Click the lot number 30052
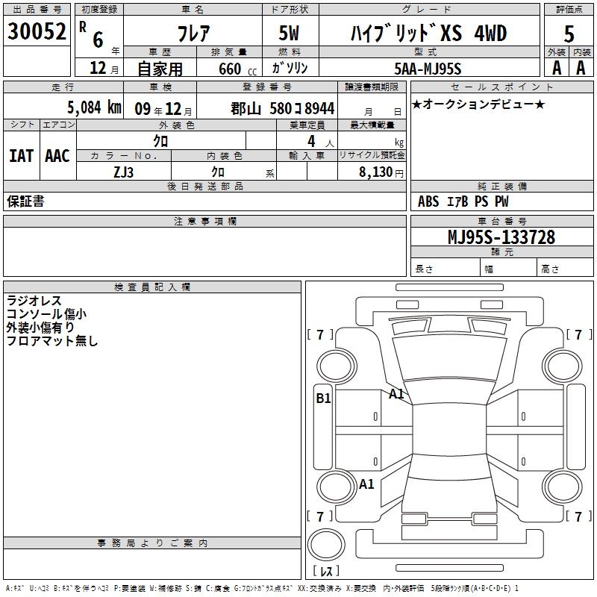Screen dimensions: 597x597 click(37, 31)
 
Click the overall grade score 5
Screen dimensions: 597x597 click(569, 34)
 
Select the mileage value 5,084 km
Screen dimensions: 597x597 click(95, 107)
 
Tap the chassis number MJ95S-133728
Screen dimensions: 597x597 click(501, 237)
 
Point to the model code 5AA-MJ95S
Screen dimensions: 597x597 click(428, 69)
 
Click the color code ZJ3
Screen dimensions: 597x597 click(123, 172)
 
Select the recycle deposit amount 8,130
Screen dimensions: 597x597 click(375, 172)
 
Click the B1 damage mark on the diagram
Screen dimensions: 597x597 click(323, 398)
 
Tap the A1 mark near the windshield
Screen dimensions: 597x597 click(396, 394)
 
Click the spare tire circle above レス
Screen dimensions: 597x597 click(326, 545)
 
